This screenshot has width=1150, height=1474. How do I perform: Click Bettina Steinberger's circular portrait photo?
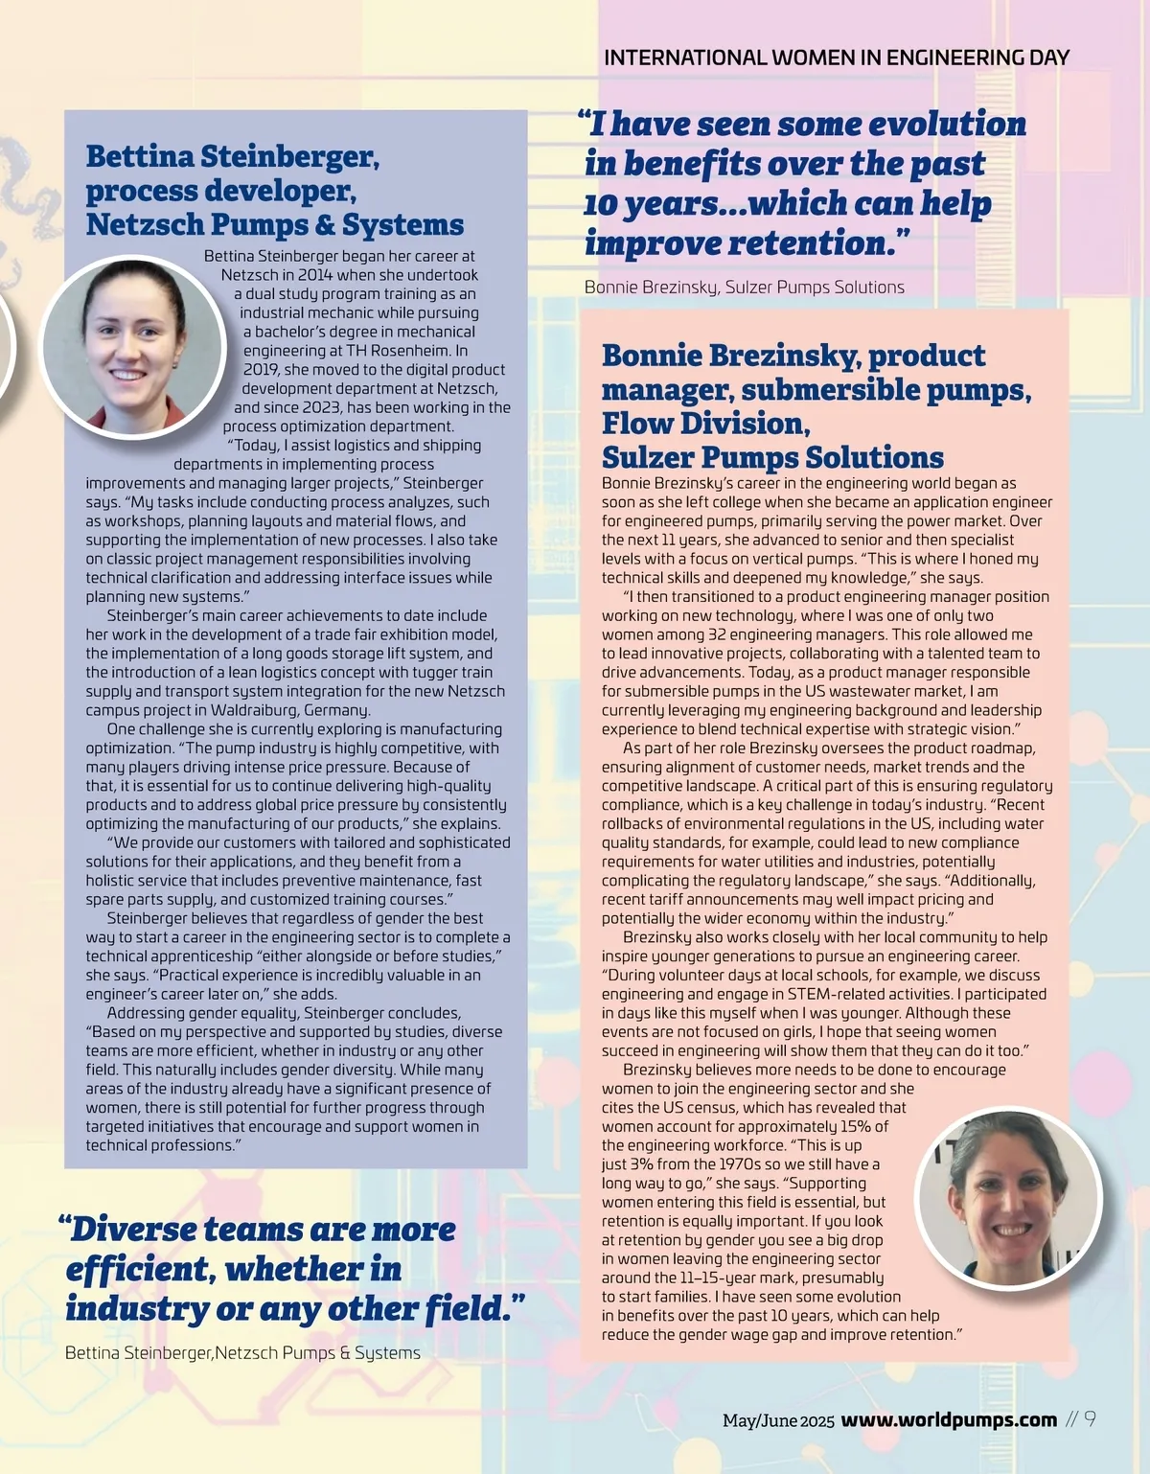[132, 347]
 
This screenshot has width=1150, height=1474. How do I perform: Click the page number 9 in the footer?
[1090, 1419]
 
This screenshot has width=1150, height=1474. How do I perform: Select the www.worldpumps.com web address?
[949, 1420]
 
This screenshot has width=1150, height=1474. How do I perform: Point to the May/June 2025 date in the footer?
[778, 1421]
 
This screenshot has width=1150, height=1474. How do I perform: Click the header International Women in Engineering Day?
[836, 58]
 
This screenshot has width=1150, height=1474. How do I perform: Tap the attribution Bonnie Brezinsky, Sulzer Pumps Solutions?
[744, 288]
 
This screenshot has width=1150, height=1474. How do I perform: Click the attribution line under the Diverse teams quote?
[242, 1353]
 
